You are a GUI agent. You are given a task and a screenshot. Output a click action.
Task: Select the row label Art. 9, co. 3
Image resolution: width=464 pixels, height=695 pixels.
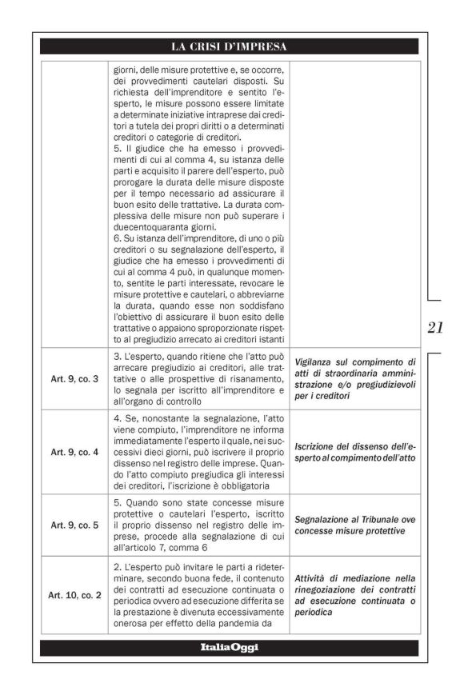(74, 378)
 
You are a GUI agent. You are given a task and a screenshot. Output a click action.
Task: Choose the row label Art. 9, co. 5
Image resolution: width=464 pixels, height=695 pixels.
(74, 525)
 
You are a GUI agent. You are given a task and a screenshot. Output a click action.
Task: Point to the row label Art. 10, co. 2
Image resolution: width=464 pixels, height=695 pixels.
(74, 595)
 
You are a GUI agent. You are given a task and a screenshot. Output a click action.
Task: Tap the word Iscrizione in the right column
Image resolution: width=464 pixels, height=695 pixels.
(320, 445)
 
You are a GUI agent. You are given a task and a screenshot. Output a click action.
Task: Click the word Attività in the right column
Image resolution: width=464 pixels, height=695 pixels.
(317, 577)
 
